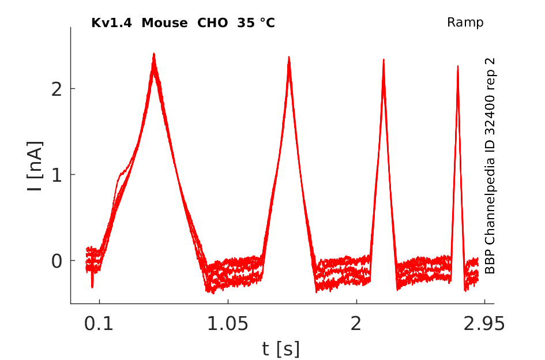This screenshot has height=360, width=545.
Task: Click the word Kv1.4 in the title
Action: click(111, 23)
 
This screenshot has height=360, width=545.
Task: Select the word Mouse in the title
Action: click(164, 23)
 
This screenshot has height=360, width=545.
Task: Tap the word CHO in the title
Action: click(212, 23)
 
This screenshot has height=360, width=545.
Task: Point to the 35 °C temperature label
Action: click(256, 23)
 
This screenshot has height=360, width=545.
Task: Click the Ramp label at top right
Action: click(465, 22)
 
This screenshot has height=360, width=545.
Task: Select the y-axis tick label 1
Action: click(57, 175)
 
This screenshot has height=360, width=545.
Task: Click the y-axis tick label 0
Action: click(57, 261)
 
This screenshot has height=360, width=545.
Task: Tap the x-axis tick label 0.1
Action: click(99, 324)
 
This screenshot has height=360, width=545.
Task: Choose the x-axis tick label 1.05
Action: click(228, 324)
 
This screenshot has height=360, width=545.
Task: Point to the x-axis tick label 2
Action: click(356, 324)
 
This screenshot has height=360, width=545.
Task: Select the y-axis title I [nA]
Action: click(35, 166)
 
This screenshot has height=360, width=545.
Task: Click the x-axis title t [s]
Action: click(280, 349)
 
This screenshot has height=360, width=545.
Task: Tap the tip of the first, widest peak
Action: click(153, 54)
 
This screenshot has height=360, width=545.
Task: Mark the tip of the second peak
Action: click(289, 57)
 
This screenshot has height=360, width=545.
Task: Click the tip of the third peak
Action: click(384, 59)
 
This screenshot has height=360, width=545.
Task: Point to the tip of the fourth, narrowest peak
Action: click(458, 66)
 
